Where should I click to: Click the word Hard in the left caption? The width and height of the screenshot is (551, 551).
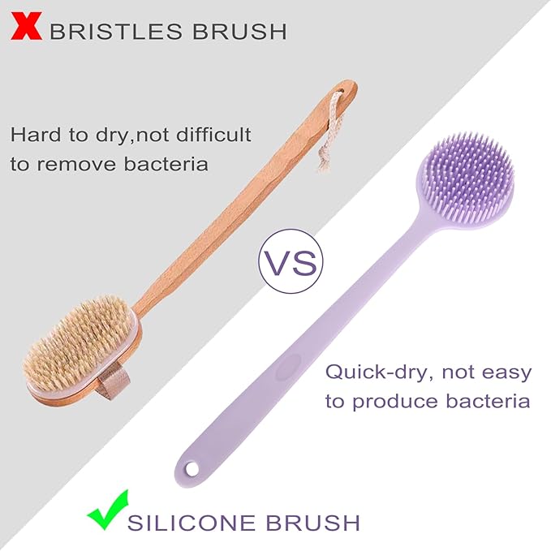point(34,134)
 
